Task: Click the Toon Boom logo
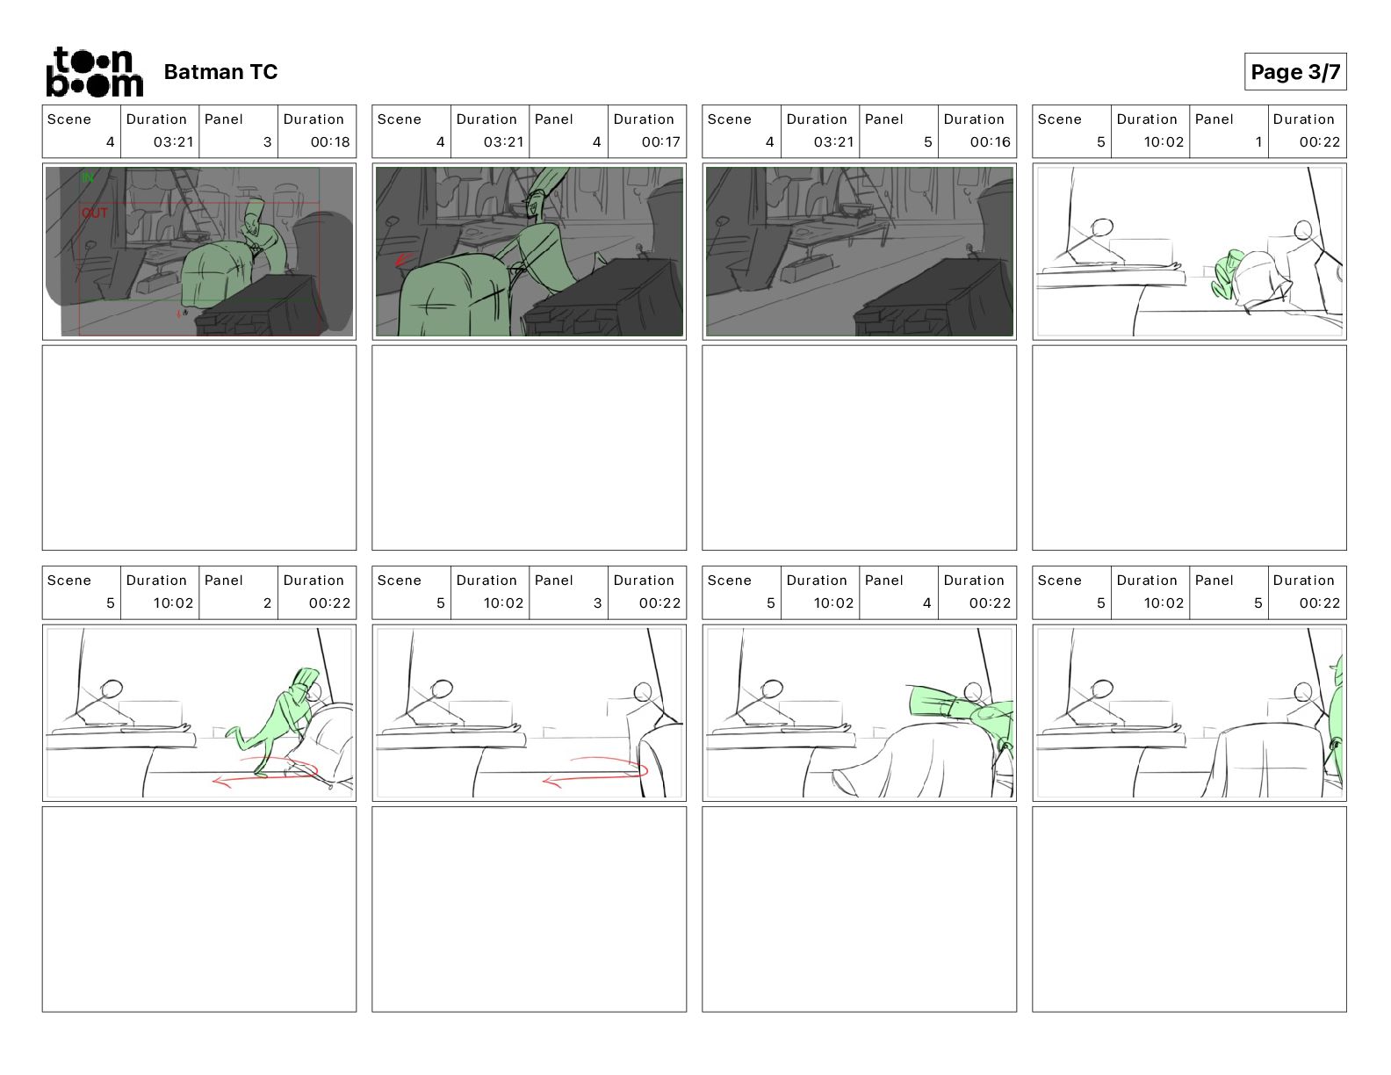pyautogui.click(x=95, y=72)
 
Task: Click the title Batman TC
pyautogui.click(x=220, y=72)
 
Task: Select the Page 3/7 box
pyautogui.click(x=1295, y=72)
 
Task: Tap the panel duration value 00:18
pyautogui.click(x=330, y=141)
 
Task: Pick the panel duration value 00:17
pyautogui.click(x=660, y=141)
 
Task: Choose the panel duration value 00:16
pyautogui.click(x=991, y=141)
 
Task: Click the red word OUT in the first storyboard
pyautogui.click(x=95, y=213)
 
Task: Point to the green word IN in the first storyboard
pyautogui.click(x=88, y=177)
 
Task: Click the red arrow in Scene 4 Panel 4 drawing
pyautogui.click(x=403, y=259)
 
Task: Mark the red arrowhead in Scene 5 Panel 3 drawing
pyautogui.click(x=551, y=781)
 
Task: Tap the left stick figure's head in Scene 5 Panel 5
pyautogui.click(x=1102, y=689)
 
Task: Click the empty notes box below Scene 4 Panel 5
pyautogui.click(x=859, y=448)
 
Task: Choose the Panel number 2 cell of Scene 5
pyautogui.click(x=238, y=592)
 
